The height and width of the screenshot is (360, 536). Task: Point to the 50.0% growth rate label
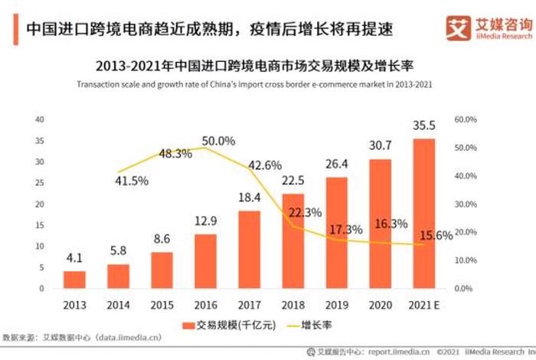(x=218, y=141)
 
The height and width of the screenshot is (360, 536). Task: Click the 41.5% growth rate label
(x=132, y=181)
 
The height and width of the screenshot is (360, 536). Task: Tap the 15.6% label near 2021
(x=436, y=237)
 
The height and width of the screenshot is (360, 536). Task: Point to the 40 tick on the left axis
(x=39, y=119)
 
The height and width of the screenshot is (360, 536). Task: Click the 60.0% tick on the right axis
(x=466, y=119)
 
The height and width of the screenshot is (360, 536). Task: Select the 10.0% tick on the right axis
(x=466, y=261)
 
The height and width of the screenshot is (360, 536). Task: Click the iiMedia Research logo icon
(x=458, y=28)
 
